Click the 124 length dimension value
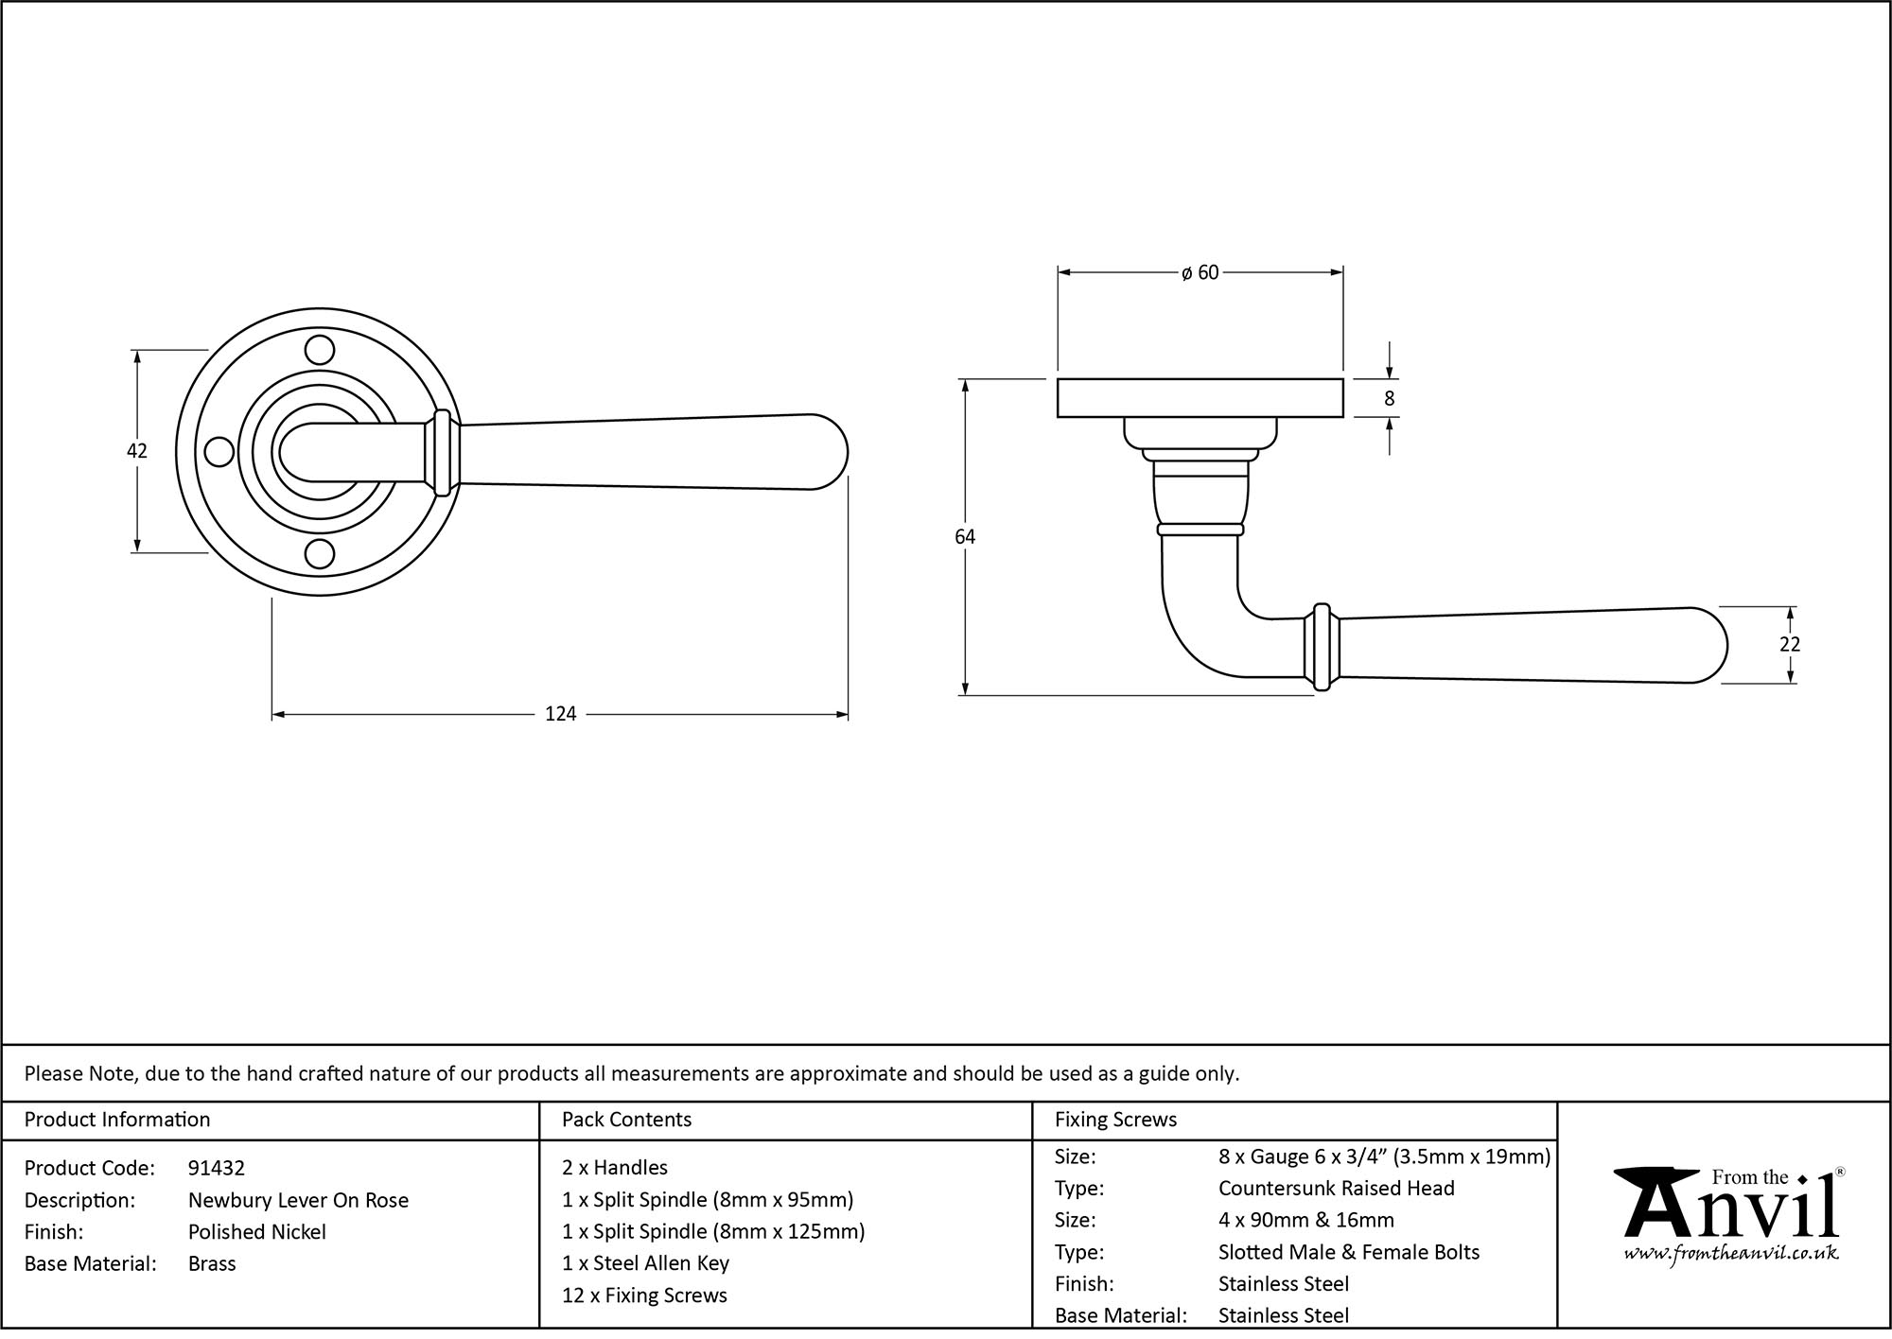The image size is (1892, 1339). (560, 714)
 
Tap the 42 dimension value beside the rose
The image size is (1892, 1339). (137, 451)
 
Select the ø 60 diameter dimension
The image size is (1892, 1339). (1200, 273)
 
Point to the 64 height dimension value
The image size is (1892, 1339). (964, 537)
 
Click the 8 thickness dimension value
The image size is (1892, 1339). (1389, 399)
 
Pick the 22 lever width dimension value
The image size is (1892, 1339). (1790, 644)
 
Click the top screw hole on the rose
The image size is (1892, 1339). (321, 351)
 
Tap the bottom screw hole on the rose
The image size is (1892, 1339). (321, 554)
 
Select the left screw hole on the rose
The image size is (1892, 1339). (219, 452)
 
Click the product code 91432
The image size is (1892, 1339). (217, 1168)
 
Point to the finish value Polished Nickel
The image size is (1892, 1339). (257, 1231)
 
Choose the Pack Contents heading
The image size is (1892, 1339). (626, 1120)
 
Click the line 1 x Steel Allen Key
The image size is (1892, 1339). (645, 1263)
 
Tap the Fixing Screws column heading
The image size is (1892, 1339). (1115, 1120)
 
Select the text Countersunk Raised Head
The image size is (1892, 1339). (1336, 1189)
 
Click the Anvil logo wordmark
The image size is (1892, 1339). (1731, 1209)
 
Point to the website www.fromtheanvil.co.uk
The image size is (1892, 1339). (1731, 1254)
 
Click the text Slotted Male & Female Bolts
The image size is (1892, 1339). (1348, 1252)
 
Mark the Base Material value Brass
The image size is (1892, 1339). (212, 1263)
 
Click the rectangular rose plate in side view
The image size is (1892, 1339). (1200, 398)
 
